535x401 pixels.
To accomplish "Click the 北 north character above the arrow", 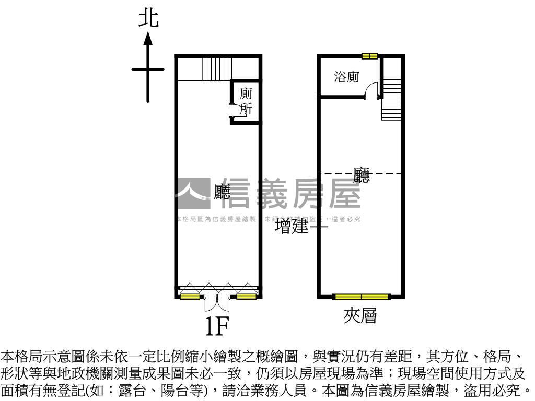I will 148,18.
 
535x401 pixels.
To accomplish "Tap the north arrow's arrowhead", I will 148,38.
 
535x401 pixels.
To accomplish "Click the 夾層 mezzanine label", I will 360,315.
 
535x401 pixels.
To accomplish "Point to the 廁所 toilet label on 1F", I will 246,101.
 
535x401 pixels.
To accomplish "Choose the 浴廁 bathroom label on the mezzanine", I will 346,77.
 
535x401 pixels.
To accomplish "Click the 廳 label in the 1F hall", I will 222,192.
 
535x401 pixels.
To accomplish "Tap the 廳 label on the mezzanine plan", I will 362,175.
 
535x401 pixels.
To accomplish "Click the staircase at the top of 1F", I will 217,69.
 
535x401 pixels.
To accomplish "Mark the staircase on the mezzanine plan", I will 391,99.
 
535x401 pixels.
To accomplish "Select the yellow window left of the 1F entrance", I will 190,297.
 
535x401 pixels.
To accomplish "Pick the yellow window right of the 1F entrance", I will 246,297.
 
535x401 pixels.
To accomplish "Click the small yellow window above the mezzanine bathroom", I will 369,56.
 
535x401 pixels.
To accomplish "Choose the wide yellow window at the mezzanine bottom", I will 362,297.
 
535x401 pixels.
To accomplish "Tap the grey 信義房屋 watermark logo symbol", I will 192,194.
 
